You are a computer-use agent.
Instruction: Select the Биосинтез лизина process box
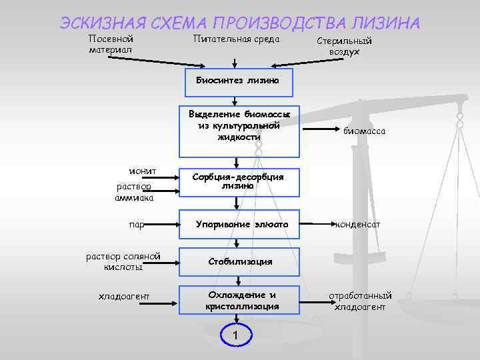(238, 80)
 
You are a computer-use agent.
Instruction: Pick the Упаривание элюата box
(239, 225)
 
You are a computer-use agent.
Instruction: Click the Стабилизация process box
(239, 261)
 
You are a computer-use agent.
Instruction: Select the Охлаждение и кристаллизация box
(239, 300)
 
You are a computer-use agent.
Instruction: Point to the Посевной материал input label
(111, 44)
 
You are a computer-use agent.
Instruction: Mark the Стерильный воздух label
(344, 46)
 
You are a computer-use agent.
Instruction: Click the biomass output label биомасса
(364, 131)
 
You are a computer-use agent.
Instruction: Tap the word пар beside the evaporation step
(136, 225)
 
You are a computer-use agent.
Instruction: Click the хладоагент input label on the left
(123, 296)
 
